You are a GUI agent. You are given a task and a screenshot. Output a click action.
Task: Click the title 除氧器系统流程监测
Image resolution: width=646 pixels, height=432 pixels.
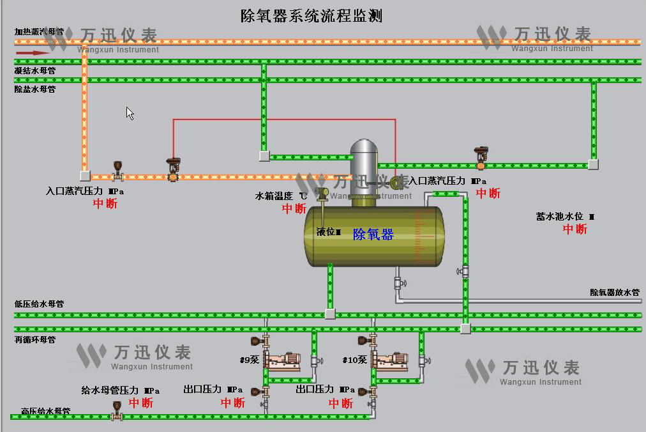point(312,15)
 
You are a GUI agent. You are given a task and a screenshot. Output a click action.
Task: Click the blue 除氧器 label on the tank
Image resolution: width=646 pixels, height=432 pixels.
point(373,235)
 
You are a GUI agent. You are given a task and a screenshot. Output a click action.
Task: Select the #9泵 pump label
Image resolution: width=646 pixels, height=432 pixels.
point(249,360)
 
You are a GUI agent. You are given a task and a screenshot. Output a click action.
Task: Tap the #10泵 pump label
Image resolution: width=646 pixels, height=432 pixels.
point(354,360)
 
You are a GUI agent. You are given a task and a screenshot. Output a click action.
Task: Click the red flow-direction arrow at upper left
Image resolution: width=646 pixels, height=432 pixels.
point(31,52)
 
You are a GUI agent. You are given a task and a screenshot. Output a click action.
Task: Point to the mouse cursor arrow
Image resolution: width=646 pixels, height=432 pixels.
point(130,113)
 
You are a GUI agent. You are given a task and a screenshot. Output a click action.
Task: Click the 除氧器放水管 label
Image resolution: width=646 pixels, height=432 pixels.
point(614,292)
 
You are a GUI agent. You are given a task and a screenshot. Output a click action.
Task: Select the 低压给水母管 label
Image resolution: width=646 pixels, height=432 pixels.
point(39,304)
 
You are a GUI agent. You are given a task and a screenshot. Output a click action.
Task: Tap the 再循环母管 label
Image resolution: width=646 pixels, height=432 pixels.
point(35,339)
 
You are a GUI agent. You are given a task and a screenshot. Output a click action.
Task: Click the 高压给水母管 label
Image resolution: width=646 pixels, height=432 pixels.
point(45,411)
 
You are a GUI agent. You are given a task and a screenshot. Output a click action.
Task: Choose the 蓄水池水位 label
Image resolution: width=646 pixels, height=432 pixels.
point(565,217)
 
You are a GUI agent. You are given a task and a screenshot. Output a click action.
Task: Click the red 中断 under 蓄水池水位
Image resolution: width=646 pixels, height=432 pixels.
point(575,229)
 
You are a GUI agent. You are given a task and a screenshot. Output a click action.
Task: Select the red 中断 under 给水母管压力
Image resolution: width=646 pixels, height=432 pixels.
point(141,403)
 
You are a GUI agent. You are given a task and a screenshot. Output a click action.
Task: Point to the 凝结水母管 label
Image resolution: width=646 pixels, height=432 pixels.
point(35,70)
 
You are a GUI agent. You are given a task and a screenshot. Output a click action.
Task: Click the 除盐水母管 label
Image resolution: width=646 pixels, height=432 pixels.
point(35,89)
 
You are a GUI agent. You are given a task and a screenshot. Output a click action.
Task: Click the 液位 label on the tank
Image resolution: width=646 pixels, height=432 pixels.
point(328,231)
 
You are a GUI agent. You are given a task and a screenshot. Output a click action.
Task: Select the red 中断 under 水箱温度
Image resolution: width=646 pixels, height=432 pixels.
point(294,208)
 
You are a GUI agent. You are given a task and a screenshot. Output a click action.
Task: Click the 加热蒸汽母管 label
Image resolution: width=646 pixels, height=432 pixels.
point(39,31)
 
